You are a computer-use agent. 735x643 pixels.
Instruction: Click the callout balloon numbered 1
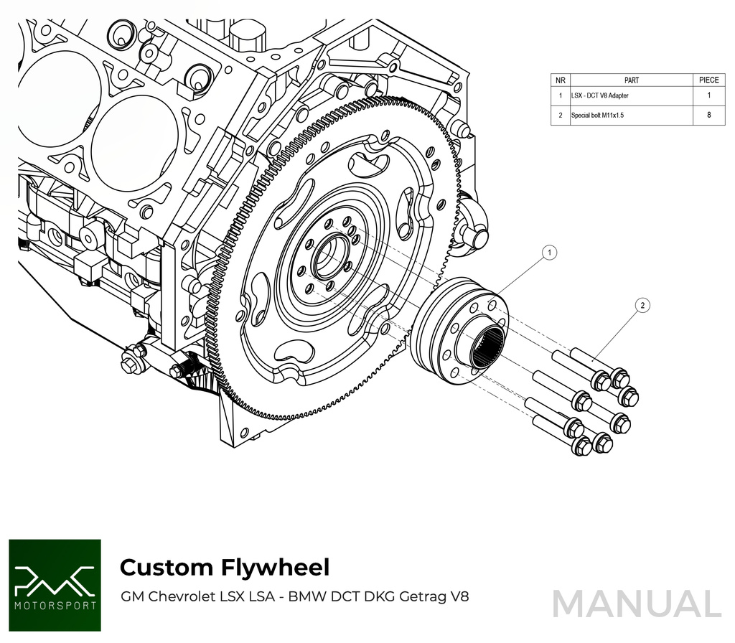[x=549, y=252]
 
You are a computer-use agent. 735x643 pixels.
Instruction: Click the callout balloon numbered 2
[x=642, y=306]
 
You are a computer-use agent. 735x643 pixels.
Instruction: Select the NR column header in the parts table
[x=560, y=80]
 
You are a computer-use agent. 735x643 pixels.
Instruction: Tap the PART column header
[x=632, y=80]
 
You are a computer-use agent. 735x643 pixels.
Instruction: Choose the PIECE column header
[x=708, y=80]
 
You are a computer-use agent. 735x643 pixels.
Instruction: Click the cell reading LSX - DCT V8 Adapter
[x=599, y=96]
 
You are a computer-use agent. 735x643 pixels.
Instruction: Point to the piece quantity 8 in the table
[x=708, y=115]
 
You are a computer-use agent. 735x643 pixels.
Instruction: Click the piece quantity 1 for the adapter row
[x=708, y=96]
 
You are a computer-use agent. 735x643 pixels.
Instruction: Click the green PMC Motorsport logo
[x=55, y=585]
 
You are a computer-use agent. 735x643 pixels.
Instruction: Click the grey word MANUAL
[x=636, y=604]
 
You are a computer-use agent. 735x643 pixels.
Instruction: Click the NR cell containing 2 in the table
[x=560, y=115]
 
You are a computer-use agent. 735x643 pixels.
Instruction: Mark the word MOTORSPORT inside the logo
[x=55, y=606]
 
